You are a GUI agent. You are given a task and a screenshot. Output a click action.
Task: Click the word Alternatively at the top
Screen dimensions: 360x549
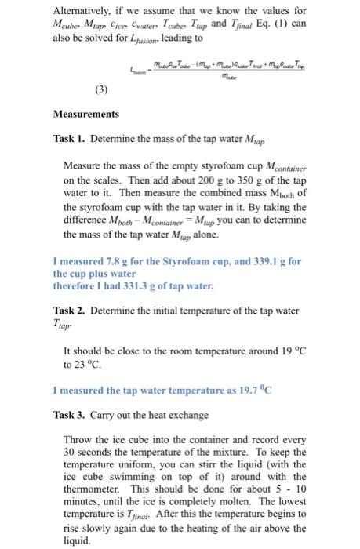pyautogui.click(x=81, y=10)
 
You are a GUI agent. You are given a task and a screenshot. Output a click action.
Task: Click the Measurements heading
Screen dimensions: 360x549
pyautogui.click(x=85, y=114)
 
